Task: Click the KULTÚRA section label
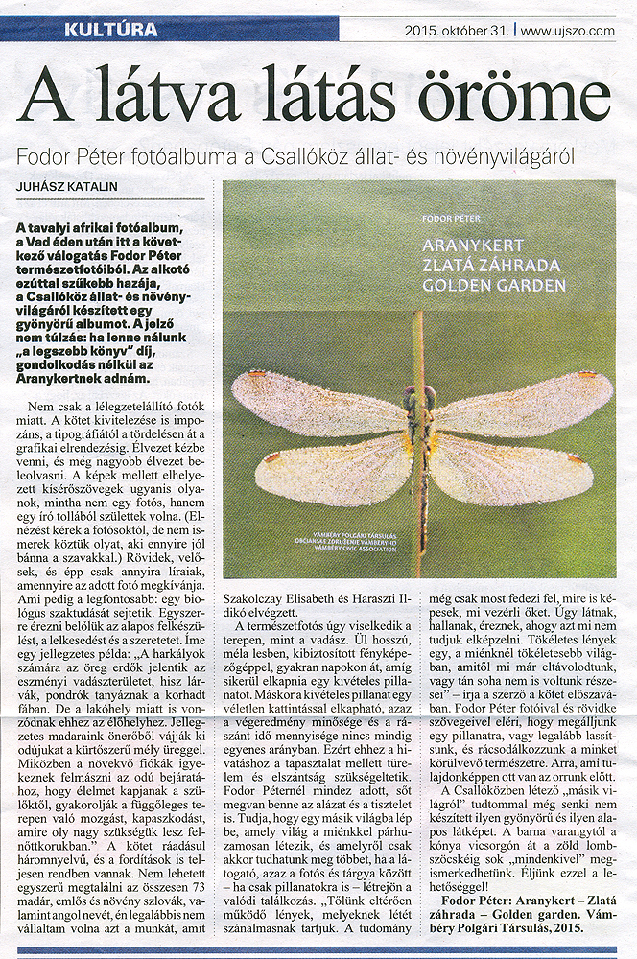click(125, 30)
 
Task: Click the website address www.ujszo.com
click(566, 31)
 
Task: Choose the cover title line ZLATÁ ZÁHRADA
click(491, 266)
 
